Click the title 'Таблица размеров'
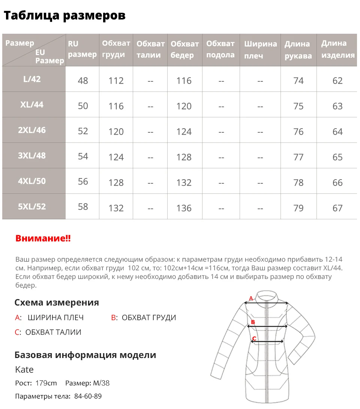click(64, 16)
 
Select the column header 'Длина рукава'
click(298, 50)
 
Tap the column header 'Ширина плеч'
click(260, 50)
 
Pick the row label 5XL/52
click(32, 207)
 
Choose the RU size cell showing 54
click(83, 156)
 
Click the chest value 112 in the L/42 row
click(116, 81)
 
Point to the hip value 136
click(184, 208)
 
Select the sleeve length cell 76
click(298, 132)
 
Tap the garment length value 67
click(337, 208)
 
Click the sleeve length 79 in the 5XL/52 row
click(298, 208)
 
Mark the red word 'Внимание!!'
click(43, 239)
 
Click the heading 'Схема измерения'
click(57, 303)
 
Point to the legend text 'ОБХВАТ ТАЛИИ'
click(53, 332)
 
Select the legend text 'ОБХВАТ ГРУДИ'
click(149, 318)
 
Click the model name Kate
click(24, 370)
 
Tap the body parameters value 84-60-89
click(87, 396)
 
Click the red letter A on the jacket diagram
click(251, 299)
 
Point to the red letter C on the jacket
click(254, 339)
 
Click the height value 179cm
click(46, 383)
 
